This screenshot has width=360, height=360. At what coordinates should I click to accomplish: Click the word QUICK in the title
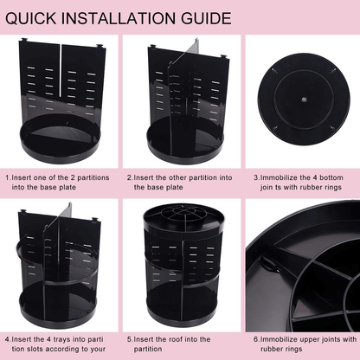click(30, 18)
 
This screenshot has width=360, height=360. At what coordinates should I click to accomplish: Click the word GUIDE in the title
click(206, 18)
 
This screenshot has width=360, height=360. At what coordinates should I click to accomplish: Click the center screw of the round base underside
click(304, 100)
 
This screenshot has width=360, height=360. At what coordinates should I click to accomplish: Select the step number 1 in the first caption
click(7, 177)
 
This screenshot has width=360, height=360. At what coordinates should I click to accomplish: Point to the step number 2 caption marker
click(129, 177)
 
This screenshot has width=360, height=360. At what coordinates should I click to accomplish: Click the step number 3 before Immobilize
click(256, 177)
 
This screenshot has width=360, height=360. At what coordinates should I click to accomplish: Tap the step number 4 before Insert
click(7, 339)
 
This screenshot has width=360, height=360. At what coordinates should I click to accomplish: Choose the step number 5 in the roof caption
click(129, 339)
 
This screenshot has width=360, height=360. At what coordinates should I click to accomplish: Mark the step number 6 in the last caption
click(256, 339)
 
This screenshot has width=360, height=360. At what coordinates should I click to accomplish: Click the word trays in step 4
click(61, 339)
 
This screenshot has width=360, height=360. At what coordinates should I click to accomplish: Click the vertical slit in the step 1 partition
click(61, 70)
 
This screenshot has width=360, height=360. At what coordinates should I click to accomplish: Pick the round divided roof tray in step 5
click(183, 218)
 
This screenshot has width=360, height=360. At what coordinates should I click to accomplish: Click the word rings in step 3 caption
click(333, 188)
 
